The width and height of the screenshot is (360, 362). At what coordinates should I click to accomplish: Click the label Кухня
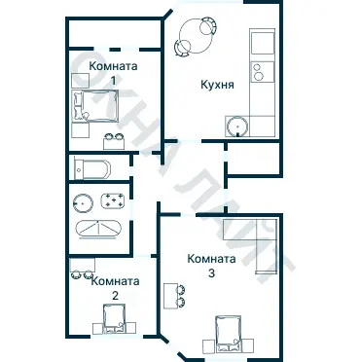pos(217,85)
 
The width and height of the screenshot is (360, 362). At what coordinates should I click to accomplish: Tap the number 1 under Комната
pos(113,80)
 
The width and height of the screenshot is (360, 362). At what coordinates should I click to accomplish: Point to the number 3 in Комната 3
pos(211,273)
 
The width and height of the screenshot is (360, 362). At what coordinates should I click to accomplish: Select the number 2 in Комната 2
pos(115,296)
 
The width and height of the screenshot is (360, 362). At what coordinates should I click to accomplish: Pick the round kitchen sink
pos(238,127)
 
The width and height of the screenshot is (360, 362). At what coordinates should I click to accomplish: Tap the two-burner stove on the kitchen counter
pos(262,72)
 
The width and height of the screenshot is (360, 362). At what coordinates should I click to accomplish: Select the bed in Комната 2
pos(114,318)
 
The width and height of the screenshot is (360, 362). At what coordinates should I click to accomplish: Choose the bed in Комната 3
pos(228,334)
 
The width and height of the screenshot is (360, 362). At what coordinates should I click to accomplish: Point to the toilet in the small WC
pos(92,168)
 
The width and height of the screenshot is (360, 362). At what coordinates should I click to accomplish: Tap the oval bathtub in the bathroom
pos(98,229)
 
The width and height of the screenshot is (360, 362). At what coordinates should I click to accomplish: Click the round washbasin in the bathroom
pos(83,203)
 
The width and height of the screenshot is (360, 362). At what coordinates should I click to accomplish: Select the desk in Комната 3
pos(170,296)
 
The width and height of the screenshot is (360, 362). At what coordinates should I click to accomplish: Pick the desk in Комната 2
pos(83,265)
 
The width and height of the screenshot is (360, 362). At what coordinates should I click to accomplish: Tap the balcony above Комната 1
pos(115,33)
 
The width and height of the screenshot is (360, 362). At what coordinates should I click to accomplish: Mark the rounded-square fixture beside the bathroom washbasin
pos(113,201)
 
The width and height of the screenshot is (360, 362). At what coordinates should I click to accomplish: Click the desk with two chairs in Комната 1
pos(114,143)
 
